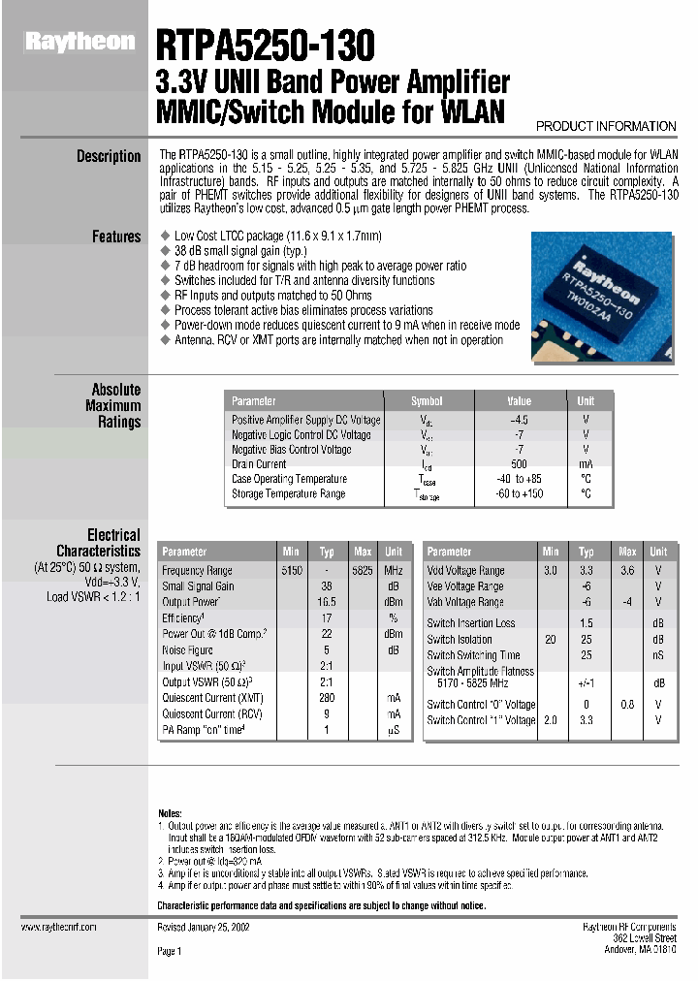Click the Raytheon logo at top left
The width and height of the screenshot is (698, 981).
click(79, 42)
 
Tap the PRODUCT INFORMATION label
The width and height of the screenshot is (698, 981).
click(606, 126)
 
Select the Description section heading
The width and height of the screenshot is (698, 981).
click(109, 156)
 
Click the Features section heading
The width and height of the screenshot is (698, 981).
click(116, 237)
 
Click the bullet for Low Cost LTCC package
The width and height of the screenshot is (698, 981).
click(164, 237)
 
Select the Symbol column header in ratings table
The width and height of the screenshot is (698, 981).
click(427, 400)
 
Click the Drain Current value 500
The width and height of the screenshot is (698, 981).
click(519, 464)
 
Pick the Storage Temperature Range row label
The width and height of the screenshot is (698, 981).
click(288, 494)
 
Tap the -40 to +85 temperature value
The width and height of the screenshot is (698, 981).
click(519, 479)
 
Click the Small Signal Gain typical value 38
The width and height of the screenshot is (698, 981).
click(327, 586)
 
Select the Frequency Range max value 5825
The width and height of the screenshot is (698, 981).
click(362, 571)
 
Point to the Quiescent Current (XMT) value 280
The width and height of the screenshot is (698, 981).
click(327, 698)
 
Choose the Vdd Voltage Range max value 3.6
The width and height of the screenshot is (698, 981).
click(627, 571)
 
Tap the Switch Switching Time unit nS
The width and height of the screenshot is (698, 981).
click(658, 655)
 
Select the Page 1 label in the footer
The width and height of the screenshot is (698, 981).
click(170, 952)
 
